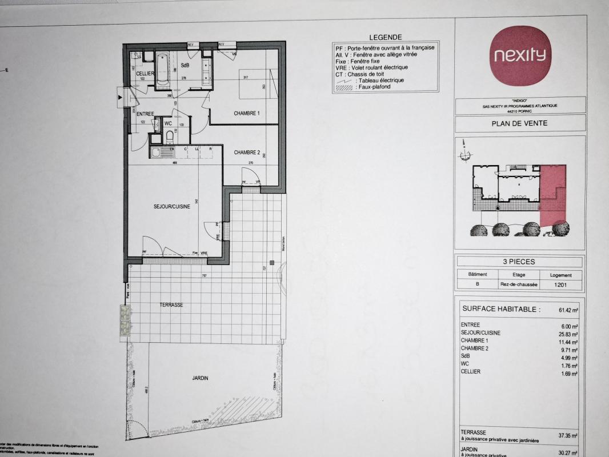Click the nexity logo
pyautogui.click(x=520, y=55)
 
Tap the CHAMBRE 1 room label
pyautogui.click(x=247, y=113)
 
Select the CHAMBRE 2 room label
pyautogui.click(x=247, y=153)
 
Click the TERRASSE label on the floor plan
pyautogui.click(x=171, y=305)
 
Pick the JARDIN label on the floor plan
pyautogui.click(x=200, y=378)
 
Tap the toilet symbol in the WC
pyautogui.click(x=170, y=136)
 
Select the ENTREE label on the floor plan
pyautogui.click(x=145, y=114)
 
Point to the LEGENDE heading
pyautogui.click(x=386, y=37)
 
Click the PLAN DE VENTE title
pyautogui.click(x=519, y=123)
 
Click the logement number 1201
pyautogui.click(x=560, y=286)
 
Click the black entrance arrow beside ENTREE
pyautogui.click(x=119, y=98)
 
